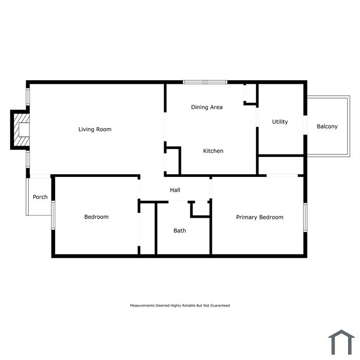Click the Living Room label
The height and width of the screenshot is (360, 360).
[x=95, y=129]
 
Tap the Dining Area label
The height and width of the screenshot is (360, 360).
[x=207, y=107]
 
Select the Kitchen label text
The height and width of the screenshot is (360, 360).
[x=213, y=151]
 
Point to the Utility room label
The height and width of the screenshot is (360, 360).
[x=280, y=122]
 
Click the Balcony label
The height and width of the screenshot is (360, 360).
[x=327, y=126]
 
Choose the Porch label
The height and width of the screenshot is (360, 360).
[x=40, y=197]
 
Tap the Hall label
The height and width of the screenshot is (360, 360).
[x=175, y=190]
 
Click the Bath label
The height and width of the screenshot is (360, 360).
[x=179, y=230]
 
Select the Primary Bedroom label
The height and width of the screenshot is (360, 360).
[x=259, y=217]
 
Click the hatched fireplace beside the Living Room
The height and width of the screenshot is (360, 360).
[x=21, y=129]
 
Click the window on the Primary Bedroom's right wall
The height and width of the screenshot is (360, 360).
[x=305, y=218]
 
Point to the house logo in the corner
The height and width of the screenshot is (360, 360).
[x=341, y=341]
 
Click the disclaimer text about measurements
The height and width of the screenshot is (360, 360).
[x=179, y=305]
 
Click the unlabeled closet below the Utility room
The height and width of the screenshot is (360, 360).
[x=281, y=166]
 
